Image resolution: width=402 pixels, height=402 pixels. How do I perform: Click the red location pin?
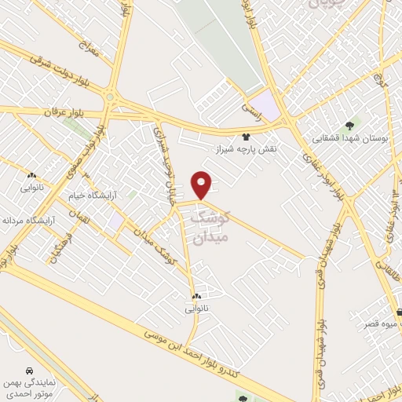[203, 185]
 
